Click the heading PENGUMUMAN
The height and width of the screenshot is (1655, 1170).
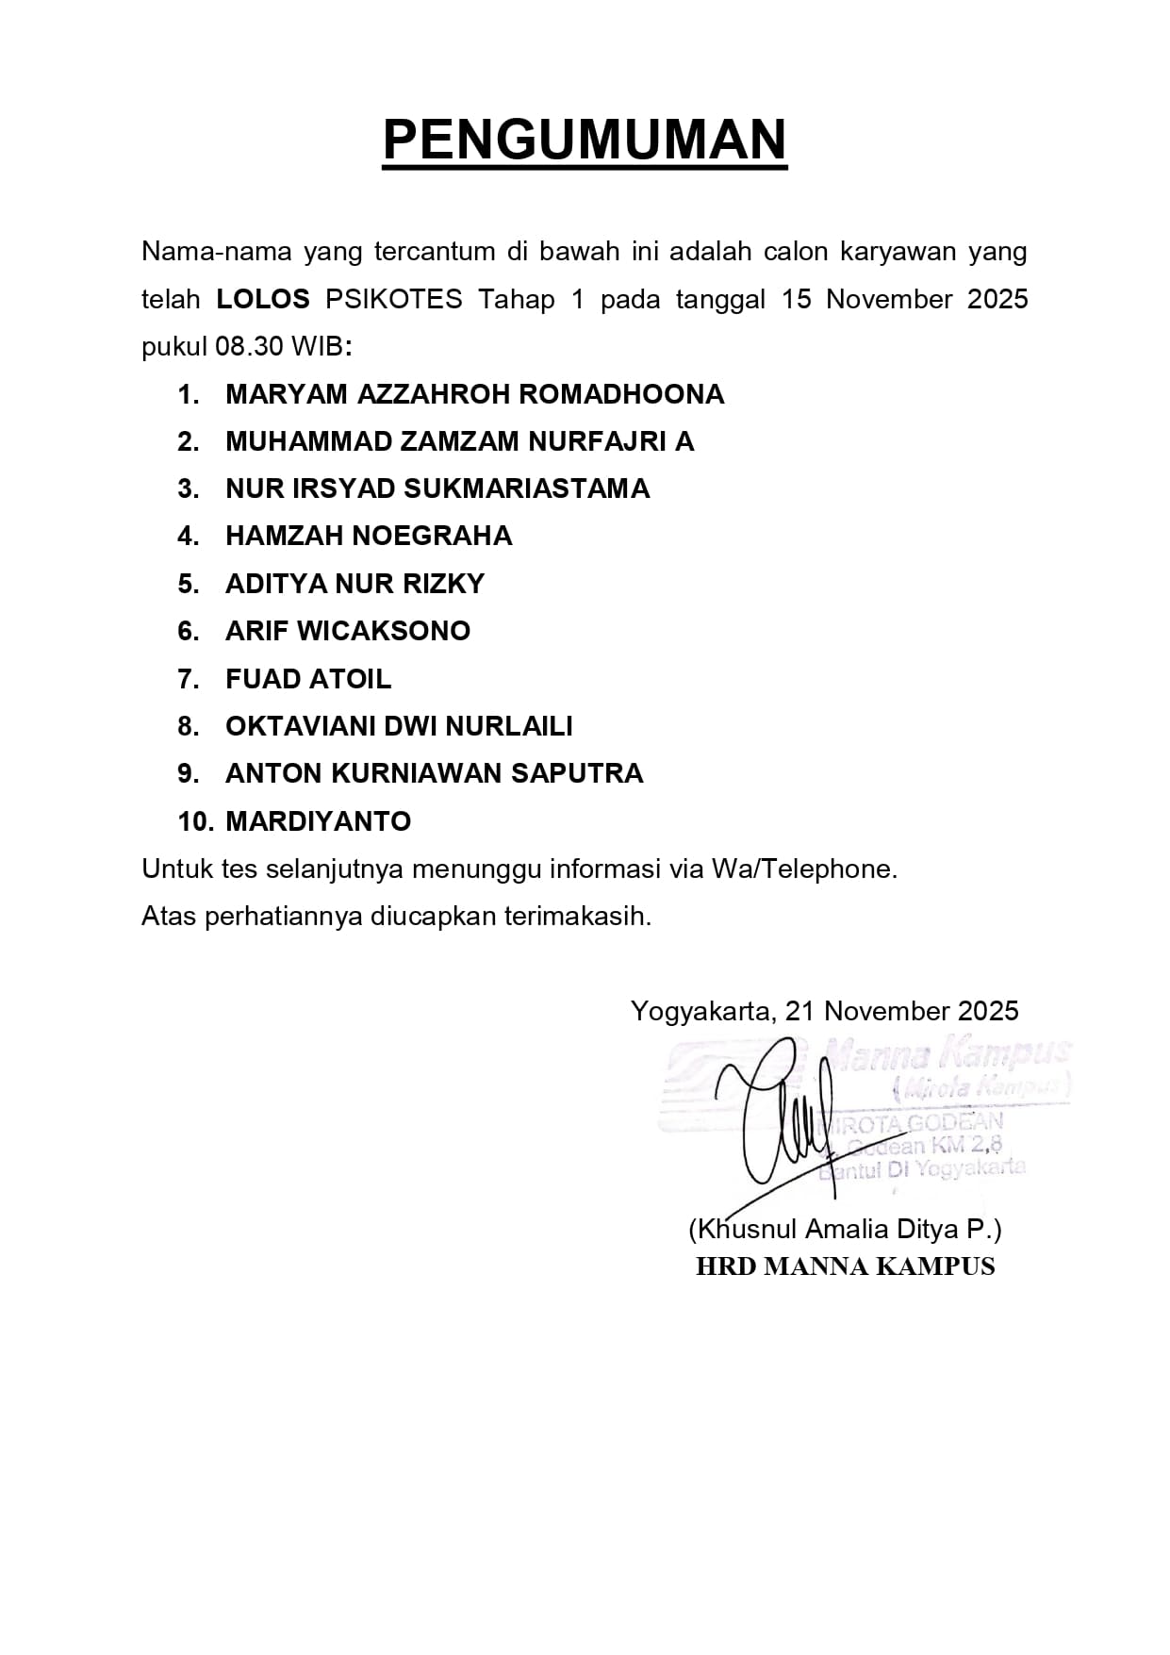585,141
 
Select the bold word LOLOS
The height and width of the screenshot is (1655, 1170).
263,300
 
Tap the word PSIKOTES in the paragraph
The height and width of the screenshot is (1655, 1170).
394,300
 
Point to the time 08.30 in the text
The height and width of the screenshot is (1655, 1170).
249,347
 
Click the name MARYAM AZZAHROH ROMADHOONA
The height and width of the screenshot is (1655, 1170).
474,394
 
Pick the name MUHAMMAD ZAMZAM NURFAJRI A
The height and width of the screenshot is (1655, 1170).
459,441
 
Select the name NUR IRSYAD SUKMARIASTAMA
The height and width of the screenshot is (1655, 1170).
437,488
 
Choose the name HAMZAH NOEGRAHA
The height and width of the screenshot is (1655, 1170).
369,536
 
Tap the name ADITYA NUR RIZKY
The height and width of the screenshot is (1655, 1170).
354,584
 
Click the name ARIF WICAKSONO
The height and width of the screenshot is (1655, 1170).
348,631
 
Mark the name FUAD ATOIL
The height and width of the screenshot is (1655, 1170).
308,679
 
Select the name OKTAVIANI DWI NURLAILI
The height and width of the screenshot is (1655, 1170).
399,726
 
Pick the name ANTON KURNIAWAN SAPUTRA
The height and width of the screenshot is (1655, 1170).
434,773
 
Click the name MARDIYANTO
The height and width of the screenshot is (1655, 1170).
318,821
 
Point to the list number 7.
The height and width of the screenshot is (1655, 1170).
188,679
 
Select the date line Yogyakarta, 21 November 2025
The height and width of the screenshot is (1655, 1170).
824,1011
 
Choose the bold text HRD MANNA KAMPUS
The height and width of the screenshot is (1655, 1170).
845,1266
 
